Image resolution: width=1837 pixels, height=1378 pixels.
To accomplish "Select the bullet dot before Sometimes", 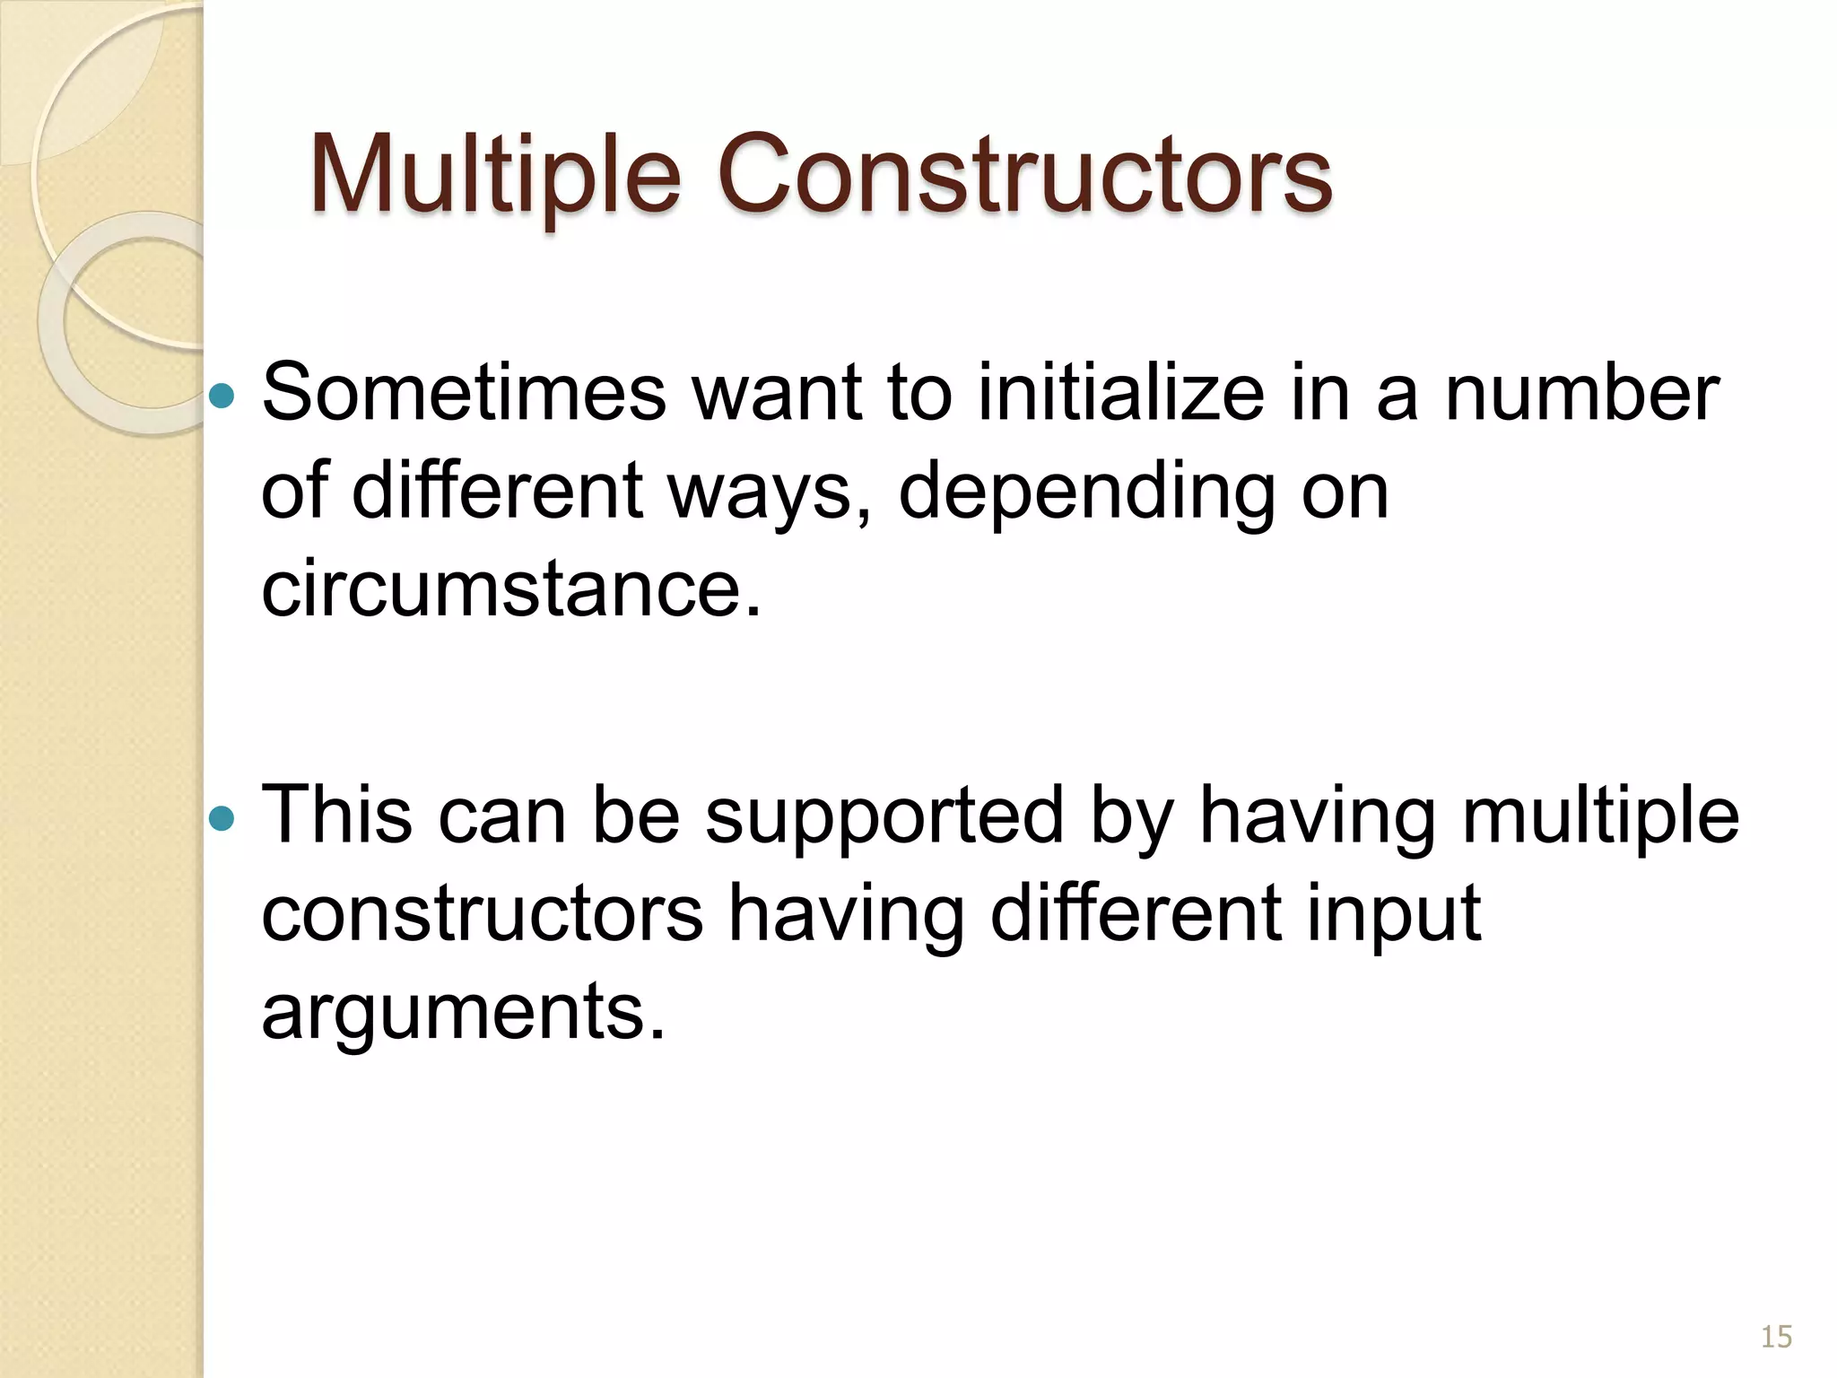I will click(221, 395).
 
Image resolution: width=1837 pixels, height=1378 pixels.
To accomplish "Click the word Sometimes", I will click(464, 393).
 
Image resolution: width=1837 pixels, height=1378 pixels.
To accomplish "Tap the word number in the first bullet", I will click(1581, 393).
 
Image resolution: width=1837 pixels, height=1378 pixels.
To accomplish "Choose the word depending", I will click(1087, 492).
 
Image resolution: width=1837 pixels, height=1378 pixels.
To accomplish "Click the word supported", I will click(884, 816).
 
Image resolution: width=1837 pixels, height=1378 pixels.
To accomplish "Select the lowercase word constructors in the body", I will click(483, 913).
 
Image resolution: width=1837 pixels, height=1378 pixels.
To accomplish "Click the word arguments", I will click(464, 1012).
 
